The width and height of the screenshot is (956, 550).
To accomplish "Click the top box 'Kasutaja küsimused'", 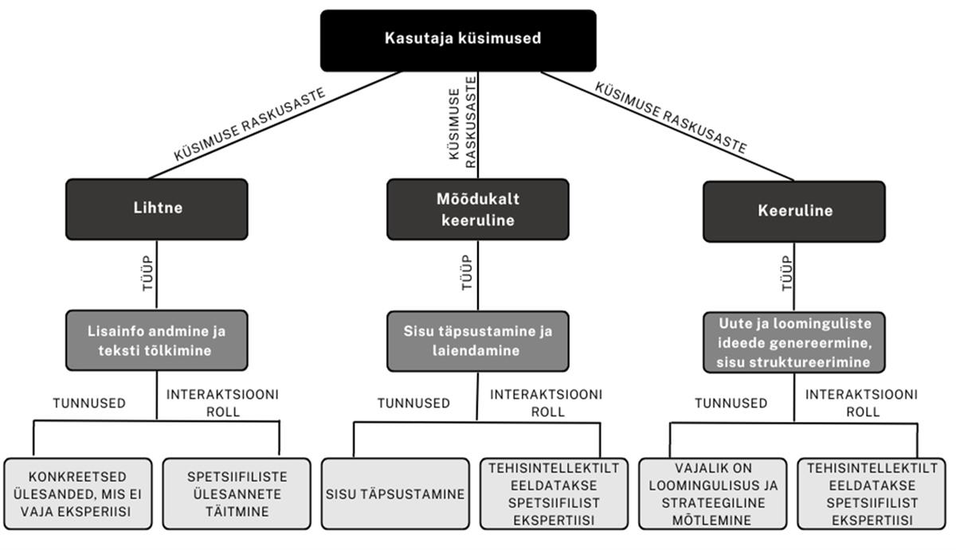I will point(458,40).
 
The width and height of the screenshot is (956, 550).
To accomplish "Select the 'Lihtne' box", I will point(156,209).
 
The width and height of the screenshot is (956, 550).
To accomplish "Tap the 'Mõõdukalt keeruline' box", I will point(478,209).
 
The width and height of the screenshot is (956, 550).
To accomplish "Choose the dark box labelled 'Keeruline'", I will point(793,211).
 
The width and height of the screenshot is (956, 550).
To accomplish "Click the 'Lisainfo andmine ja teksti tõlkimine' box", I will point(156,341).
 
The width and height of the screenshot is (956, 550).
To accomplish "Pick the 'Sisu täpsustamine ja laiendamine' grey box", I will point(478,341).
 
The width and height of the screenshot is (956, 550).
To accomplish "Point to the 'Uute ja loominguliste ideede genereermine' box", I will point(793,342).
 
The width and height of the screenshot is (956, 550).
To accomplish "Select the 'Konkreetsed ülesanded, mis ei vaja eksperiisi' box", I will point(78,493).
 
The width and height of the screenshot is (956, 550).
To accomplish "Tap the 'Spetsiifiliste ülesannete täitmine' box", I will point(237,493).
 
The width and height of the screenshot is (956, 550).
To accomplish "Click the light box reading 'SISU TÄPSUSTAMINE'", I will point(395,493).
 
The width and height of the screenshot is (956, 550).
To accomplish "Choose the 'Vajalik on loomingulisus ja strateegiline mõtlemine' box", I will point(711,493).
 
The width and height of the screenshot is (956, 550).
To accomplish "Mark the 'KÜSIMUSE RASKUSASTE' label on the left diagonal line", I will point(249,126).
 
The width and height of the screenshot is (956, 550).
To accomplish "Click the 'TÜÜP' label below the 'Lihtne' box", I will point(145,272).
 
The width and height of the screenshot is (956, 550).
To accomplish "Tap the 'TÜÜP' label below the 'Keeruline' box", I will point(788,272).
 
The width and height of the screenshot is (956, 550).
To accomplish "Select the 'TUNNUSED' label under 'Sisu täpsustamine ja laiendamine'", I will point(413,404).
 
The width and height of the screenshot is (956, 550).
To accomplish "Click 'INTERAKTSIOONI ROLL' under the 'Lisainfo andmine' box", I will point(222,403).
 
